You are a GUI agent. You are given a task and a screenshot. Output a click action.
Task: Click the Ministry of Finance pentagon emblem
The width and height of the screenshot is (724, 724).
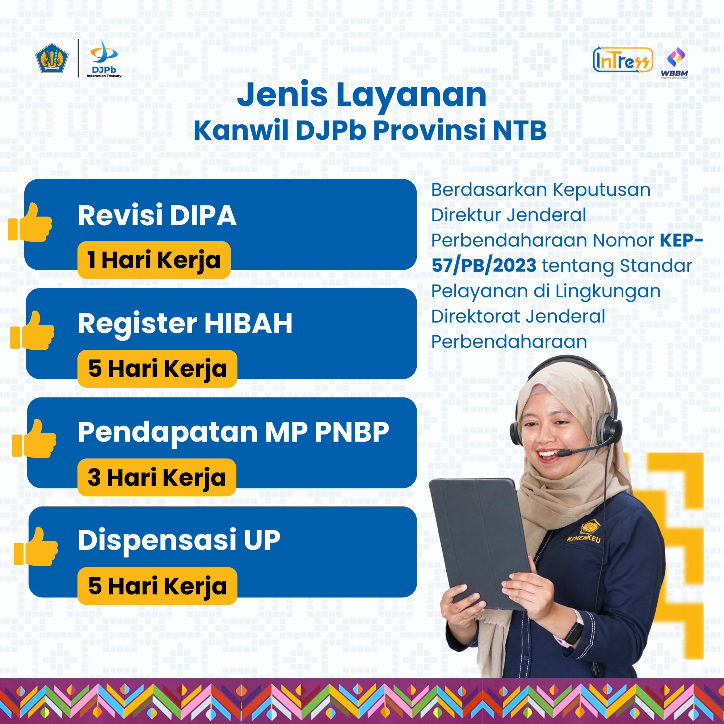coord(52,58)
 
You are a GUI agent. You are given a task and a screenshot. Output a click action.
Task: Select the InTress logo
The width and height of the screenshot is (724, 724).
coord(623,59)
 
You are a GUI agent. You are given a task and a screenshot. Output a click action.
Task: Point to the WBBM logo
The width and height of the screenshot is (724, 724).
coord(674,63)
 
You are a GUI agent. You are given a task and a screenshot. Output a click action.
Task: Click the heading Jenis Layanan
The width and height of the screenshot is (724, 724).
coord(362,95)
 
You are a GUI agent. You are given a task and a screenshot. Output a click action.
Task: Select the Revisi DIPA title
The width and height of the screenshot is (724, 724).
coord(157,215)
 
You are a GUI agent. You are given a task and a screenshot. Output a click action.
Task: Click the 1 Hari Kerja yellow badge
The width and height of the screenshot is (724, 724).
coord(154,260)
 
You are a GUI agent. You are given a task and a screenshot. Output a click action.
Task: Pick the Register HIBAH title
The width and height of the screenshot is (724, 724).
coord(185,323)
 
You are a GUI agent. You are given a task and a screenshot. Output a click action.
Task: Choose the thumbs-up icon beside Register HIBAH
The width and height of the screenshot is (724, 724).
coord(33,331)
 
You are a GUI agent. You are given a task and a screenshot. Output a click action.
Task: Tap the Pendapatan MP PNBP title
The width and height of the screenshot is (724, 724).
coord(233,432)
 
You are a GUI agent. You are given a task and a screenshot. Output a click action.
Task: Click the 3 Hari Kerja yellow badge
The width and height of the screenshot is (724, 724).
coord(157,477)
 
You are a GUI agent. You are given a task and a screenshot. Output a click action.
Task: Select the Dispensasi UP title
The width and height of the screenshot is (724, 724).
coord(179,540)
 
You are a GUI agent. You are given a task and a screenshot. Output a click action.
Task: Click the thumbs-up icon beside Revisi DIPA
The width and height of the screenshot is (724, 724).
coord(30,222)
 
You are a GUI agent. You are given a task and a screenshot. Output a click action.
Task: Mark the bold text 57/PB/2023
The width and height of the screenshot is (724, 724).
coord(484,266)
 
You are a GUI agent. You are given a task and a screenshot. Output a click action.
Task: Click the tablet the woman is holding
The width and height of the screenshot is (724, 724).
coord(481,543)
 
